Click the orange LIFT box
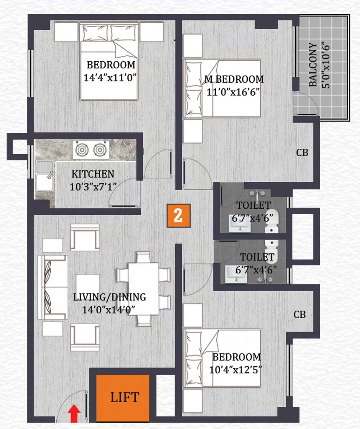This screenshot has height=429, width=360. point(122,398)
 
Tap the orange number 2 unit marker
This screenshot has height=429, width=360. point(179,216)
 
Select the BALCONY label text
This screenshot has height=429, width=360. point(313,65)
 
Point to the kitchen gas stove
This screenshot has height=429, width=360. point(91,150)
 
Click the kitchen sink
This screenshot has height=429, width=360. point(44,176)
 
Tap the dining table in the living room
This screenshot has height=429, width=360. point(143,289)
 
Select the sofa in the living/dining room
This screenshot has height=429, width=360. point(52,287)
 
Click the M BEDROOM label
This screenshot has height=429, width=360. point(234,79)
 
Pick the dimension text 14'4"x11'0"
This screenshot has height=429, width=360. point(110,78)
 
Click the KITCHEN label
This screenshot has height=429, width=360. point(93,174)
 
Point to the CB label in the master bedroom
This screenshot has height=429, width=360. point(302,152)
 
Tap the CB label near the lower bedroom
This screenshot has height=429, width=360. point(300,315)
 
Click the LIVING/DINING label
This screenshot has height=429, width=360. point(109,297)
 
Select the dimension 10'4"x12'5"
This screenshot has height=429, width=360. point(236,370)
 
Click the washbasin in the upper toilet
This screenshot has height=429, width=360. point(239,226)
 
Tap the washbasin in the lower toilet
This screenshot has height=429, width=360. point(236,275)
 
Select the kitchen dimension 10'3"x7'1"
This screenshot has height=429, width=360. point(93,187)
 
